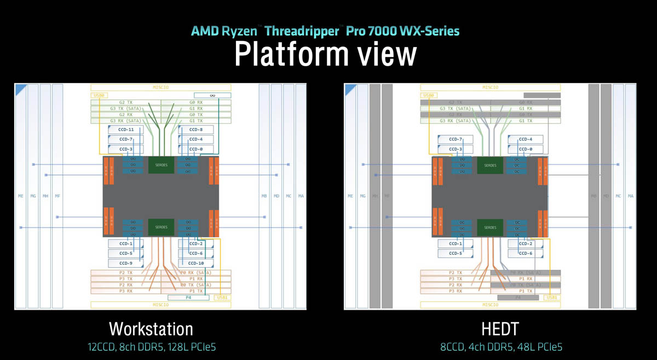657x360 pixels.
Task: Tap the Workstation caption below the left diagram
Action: pyautogui.click(x=151, y=329)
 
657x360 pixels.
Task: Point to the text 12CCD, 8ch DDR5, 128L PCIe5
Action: pyautogui.click(x=151, y=347)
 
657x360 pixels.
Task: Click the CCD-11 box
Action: pyautogui.click(x=126, y=130)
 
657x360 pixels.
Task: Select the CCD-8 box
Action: pyautogui.click(x=196, y=130)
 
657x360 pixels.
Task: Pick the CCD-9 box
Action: pyautogui.click(x=126, y=263)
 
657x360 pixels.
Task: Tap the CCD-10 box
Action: pyautogui.click(x=196, y=263)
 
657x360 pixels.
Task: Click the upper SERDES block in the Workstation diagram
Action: pyautogui.click(x=161, y=165)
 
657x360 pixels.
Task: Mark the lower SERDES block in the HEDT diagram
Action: pyautogui.click(x=490, y=227)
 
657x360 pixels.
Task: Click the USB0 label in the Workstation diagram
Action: pyautogui.click(x=99, y=96)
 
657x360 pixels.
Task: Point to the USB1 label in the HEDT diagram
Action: pyautogui.click(x=552, y=298)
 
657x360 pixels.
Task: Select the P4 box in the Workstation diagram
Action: pyautogui.click(x=188, y=298)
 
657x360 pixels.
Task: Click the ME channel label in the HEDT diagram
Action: pyautogui.click(x=350, y=195)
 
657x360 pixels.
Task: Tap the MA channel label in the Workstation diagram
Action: pyautogui.click(x=301, y=195)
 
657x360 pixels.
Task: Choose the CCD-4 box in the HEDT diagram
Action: pyautogui.click(x=525, y=140)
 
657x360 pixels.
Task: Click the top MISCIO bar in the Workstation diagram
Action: pyautogui.click(x=160, y=87)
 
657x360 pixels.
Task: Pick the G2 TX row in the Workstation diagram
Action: pyautogui.click(x=126, y=102)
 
